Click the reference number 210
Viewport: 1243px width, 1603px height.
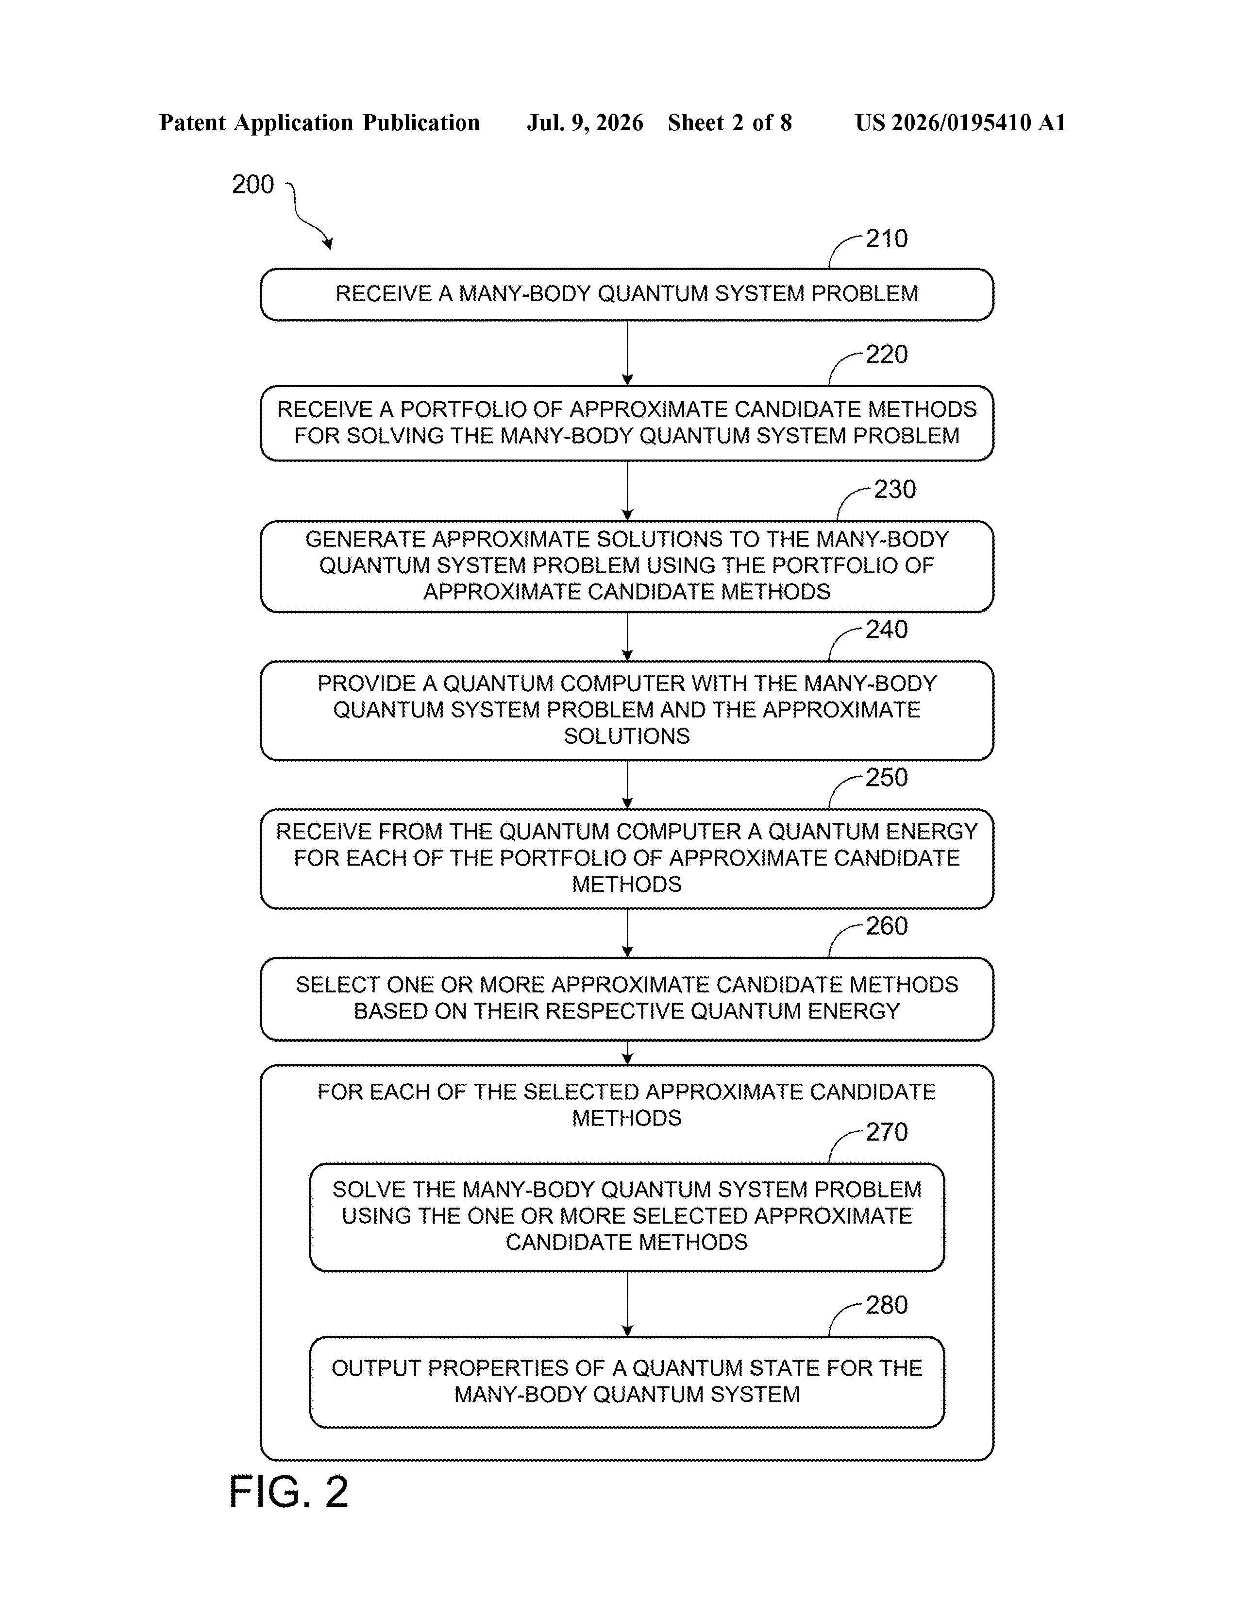point(887,239)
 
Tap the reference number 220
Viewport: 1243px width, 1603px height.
point(887,355)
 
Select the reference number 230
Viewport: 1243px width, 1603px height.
point(894,490)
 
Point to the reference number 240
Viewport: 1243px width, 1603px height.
point(887,630)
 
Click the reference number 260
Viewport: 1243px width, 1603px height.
point(887,926)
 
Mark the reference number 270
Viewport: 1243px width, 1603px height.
point(887,1132)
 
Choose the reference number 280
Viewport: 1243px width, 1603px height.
point(887,1306)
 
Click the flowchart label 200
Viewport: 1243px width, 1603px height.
point(252,184)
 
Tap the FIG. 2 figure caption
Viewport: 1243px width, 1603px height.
point(288,1492)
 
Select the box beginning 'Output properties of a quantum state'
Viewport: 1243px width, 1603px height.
point(627,1382)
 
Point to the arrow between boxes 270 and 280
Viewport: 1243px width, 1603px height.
point(627,1304)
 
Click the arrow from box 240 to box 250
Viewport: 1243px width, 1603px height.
point(627,784)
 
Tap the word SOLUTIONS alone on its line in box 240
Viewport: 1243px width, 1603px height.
point(627,736)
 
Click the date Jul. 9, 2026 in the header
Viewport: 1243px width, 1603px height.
point(585,122)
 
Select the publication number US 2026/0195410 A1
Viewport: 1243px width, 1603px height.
point(960,122)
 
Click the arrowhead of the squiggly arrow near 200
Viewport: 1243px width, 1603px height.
point(328,244)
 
